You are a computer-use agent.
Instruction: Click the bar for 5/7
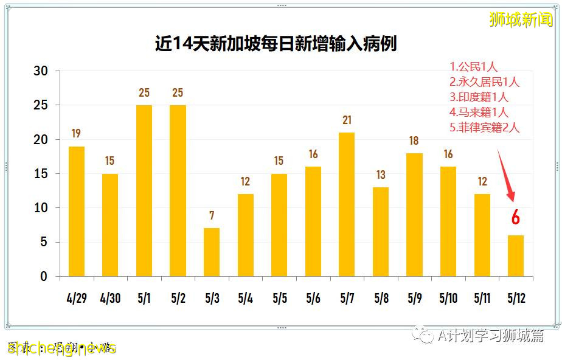pyautogui.click(x=347, y=204)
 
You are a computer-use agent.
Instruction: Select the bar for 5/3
pyautogui.click(x=212, y=252)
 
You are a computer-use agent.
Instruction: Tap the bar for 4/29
pyautogui.click(x=77, y=211)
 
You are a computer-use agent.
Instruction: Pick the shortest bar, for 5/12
pyautogui.click(x=516, y=256)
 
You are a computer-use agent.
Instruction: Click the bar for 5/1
pyautogui.click(x=144, y=190)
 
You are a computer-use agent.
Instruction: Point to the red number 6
pyautogui.click(x=516, y=217)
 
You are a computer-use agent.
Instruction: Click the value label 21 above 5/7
pyautogui.click(x=347, y=120)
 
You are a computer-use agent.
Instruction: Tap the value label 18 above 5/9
pyautogui.click(x=414, y=141)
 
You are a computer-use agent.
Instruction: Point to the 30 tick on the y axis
pyautogui.click(x=40, y=71)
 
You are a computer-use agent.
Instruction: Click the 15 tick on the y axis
pyautogui.click(x=40, y=174)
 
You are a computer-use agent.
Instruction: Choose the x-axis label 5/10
pyautogui.click(x=448, y=299)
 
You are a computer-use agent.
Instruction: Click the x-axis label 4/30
pyautogui.click(x=110, y=299)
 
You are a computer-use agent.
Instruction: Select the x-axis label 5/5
pyautogui.click(x=279, y=299)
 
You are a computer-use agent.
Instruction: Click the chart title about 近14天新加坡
pyautogui.click(x=276, y=44)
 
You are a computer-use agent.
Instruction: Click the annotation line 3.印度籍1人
pyautogui.click(x=479, y=97)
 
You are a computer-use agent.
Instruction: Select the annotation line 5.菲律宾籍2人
pyautogui.click(x=485, y=128)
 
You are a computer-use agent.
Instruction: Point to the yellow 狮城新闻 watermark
pyautogui.click(x=521, y=19)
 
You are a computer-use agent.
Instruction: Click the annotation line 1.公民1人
pyautogui.click(x=474, y=67)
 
